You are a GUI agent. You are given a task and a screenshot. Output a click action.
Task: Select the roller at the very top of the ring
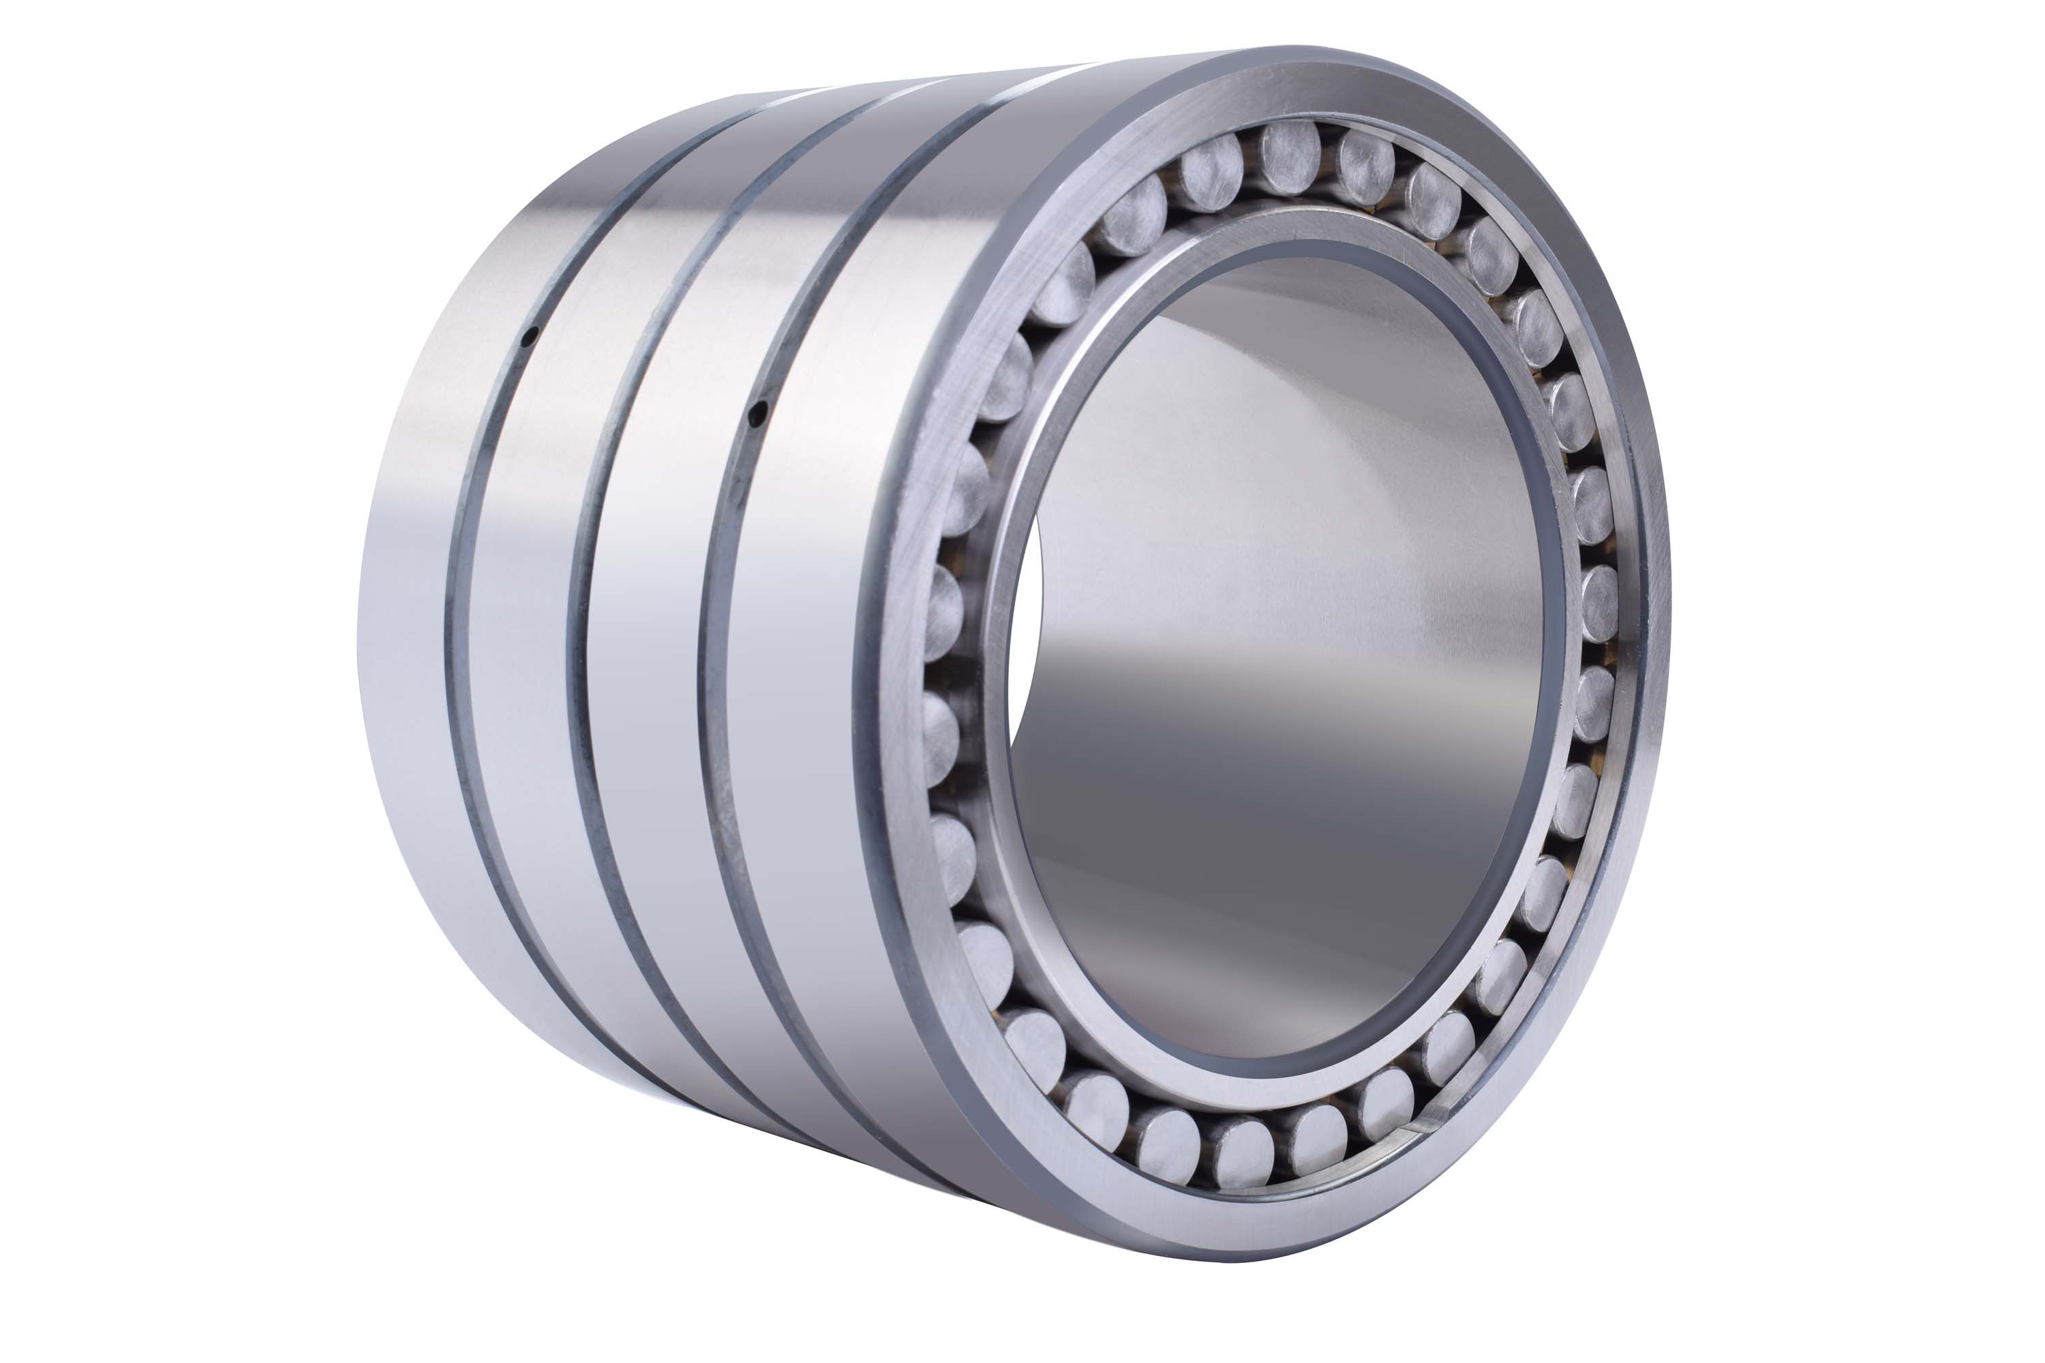coord(1290,157)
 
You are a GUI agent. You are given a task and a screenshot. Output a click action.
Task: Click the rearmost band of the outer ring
coord(408,609)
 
